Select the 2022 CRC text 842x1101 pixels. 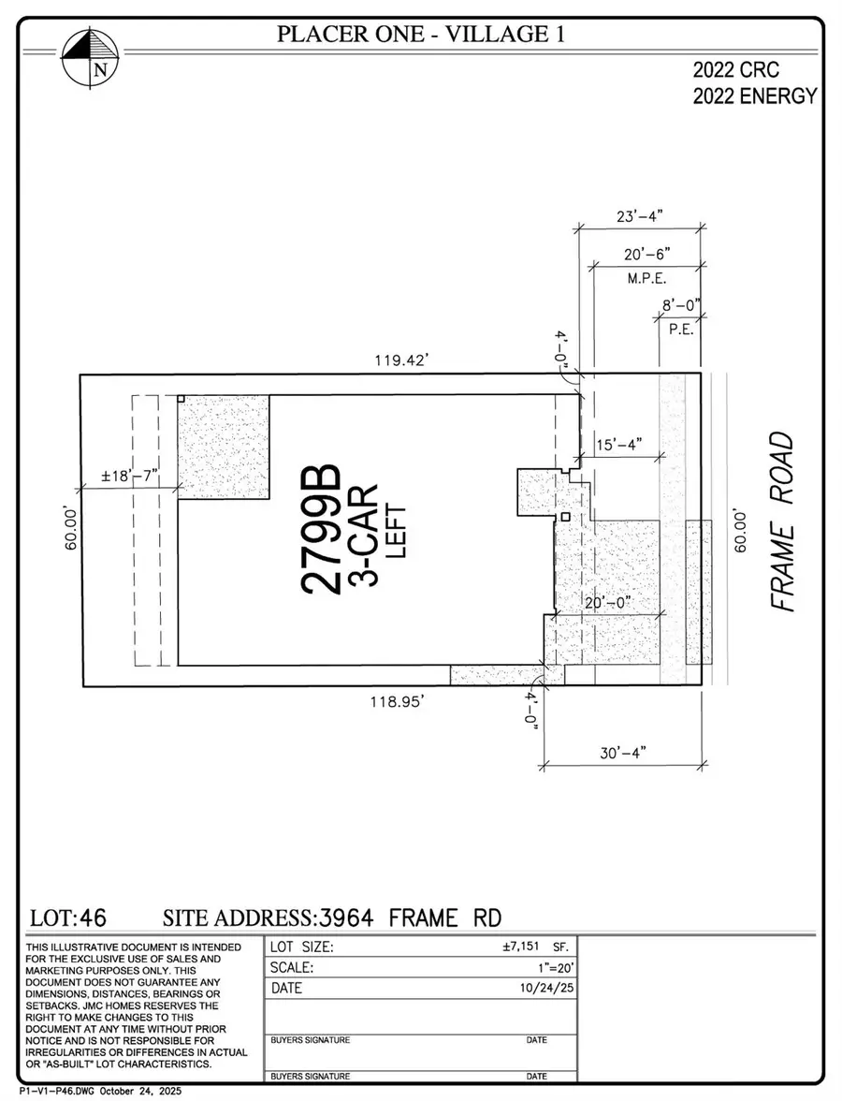coord(735,69)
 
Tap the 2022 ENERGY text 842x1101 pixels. coord(755,95)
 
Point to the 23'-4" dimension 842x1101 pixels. coord(639,216)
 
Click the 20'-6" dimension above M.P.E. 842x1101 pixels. coord(646,254)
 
